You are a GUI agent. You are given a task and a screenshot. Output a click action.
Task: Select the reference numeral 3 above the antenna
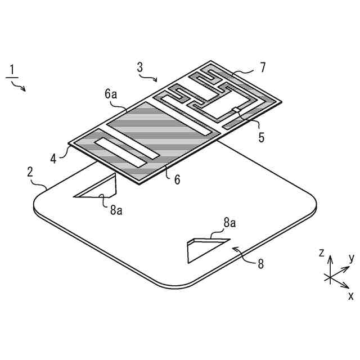pos(140,67)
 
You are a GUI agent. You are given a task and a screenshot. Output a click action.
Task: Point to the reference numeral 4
pos(53,158)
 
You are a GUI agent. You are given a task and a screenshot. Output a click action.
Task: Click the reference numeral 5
pos(262,137)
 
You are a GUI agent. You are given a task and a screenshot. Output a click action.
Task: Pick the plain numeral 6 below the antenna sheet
pos(177,179)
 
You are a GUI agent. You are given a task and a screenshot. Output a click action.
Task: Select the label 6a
pos(110,94)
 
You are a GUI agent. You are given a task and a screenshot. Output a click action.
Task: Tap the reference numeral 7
pos(263,68)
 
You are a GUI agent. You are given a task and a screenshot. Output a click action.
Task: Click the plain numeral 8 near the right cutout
pos(260,263)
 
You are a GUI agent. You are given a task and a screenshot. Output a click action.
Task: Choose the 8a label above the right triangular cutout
pos(229,223)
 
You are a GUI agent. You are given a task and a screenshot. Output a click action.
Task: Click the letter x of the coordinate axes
pos(351,294)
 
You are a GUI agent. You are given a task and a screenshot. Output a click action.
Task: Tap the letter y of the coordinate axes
pos(351,258)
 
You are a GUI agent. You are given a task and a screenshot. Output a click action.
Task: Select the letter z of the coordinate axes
pos(321,253)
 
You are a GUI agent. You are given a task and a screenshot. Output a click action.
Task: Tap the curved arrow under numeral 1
pos(19,85)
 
